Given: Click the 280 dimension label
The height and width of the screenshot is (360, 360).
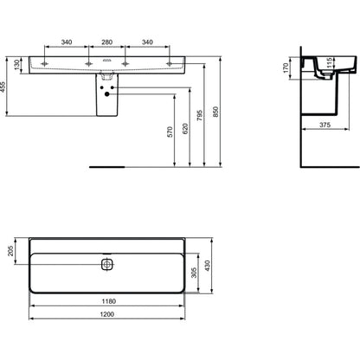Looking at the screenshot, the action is (106, 42).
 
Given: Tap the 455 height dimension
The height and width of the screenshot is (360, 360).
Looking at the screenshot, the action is (3, 87).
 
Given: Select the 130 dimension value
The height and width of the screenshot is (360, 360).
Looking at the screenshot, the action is (16, 65).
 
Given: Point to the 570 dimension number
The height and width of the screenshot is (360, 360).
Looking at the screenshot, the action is (170, 132).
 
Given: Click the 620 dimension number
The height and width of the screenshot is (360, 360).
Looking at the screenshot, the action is (185, 129).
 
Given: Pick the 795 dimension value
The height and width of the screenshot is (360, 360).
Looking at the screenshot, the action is (200, 115).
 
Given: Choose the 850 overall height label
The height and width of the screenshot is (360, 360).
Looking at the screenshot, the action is (215, 112).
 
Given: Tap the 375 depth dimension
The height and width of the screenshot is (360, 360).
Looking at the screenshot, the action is (325, 125).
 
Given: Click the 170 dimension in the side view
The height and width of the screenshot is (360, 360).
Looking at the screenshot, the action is (286, 67).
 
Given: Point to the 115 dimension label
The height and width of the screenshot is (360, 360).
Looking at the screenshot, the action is (329, 63).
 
